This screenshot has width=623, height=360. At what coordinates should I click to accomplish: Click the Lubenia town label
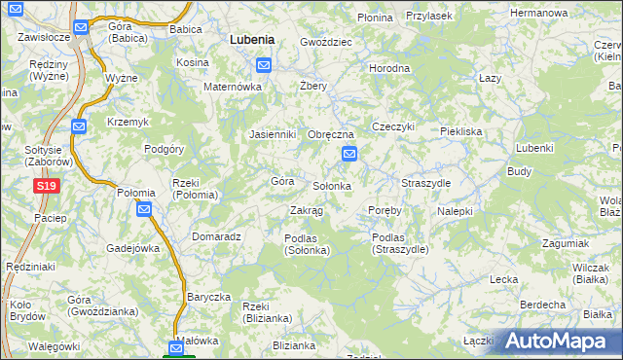[251, 40]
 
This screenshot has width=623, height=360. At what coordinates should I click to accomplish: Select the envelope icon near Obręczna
[349, 154]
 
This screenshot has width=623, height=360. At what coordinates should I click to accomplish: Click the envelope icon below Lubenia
[264, 65]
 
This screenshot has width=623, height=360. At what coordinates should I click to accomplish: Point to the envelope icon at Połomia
[144, 209]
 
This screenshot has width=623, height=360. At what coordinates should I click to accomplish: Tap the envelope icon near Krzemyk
[80, 125]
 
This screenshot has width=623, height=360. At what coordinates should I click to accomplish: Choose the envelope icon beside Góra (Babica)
[83, 27]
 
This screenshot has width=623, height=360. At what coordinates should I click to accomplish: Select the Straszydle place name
[425, 183]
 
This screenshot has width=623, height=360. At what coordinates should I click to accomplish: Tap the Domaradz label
[216, 236]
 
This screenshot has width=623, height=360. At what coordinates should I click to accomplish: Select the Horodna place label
[389, 69]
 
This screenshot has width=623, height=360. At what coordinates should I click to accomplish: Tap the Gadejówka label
[132, 248]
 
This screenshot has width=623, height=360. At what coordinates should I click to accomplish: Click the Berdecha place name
[543, 305]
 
